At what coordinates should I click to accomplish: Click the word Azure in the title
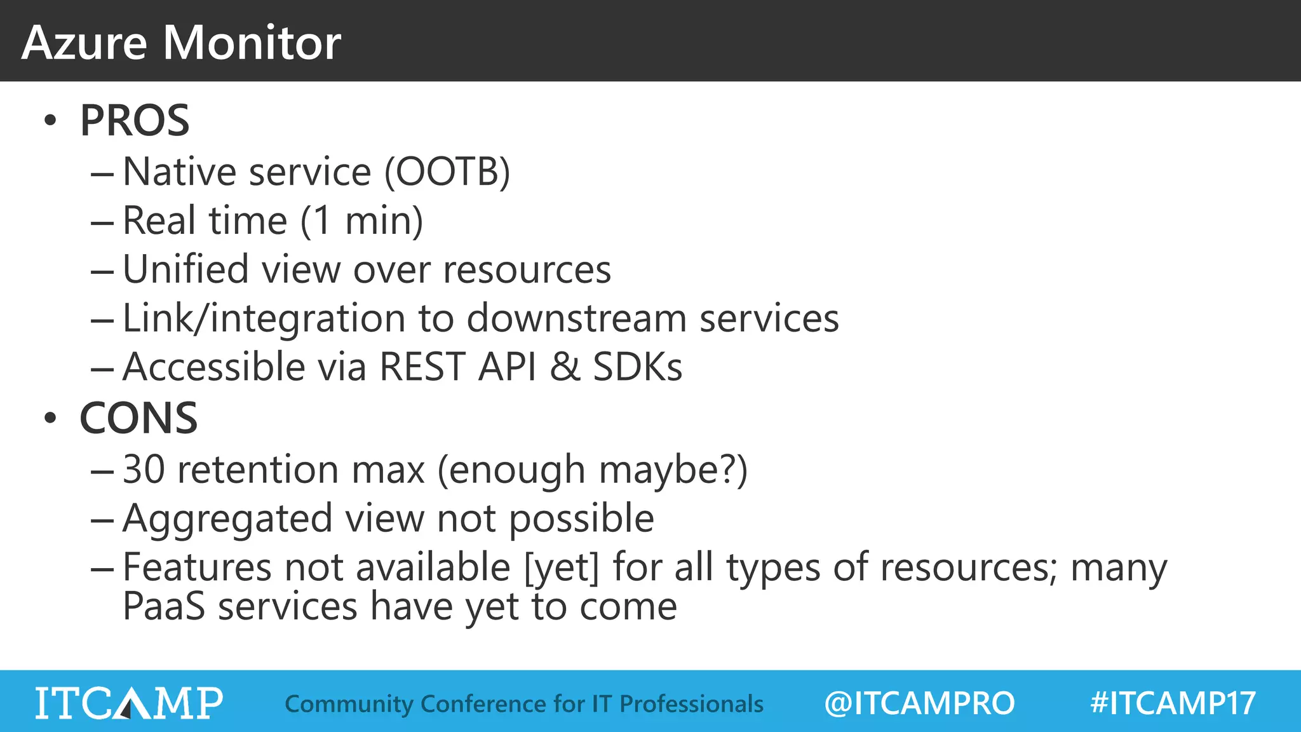[x=84, y=43]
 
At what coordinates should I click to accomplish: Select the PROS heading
[x=134, y=120]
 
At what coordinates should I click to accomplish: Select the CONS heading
[x=138, y=418]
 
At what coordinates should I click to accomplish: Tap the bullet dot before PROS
[x=50, y=120]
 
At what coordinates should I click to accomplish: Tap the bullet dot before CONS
[x=50, y=418]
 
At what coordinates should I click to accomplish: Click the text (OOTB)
[x=447, y=172]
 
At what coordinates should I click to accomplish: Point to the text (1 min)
[x=361, y=220]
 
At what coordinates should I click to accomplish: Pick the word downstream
[x=577, y=318]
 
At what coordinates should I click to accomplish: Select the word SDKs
[x=637, y=367]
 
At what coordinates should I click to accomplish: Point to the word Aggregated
[x=227, y=518]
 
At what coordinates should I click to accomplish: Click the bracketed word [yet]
[x=562, y=567]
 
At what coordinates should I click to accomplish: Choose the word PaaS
[x=164, y=606]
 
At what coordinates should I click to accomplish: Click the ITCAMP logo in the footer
[x=129, y=703]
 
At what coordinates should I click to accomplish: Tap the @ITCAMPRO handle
[x=919, y=703]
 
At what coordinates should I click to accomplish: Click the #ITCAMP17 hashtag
[x=1173, y=703]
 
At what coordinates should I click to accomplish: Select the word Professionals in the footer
[x=691, y=704]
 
